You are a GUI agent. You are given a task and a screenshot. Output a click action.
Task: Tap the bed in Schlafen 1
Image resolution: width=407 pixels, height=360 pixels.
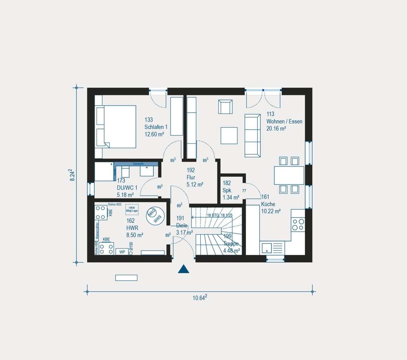[x=116, y=126]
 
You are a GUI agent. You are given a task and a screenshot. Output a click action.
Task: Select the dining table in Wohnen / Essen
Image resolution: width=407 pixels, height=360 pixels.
[x=289, y=175]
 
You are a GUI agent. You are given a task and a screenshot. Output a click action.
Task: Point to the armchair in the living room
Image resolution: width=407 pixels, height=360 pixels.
[x=225, y=107]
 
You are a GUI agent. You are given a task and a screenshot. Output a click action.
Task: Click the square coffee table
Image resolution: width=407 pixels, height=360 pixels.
[x=229, y=135]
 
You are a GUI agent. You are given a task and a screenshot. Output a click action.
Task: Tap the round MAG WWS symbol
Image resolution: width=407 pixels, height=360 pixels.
[x=154, y=215]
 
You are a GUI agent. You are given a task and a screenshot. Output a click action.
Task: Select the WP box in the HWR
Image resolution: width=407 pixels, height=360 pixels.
[x=120, y=252]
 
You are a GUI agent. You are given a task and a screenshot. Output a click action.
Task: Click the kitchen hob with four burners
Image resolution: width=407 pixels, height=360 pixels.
[x=298, y=225]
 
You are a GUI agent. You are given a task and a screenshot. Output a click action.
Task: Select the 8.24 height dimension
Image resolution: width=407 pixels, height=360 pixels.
[x=72, y=175]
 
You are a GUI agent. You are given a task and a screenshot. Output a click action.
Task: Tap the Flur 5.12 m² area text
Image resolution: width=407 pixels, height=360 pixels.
[x=195, y=185]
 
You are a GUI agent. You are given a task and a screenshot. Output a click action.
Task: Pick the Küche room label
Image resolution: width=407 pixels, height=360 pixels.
[x=268, y=204]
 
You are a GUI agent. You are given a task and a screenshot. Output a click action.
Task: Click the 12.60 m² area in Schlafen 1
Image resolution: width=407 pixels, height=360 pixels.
[x=155, y=134]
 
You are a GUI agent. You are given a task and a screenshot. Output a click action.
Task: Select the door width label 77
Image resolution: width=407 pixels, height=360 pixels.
[x=244, y=191]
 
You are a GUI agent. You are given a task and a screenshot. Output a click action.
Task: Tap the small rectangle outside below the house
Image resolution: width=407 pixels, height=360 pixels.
[x=126, y=278]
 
